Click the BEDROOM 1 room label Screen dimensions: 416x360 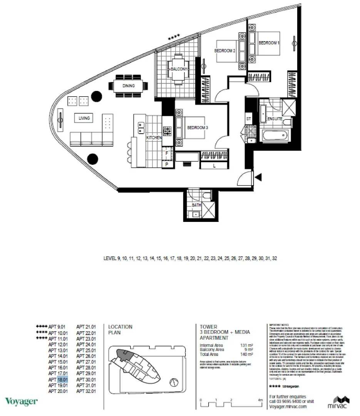point(268,43)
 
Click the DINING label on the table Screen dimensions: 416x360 point(129,86)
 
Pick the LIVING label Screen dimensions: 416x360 point(84,118)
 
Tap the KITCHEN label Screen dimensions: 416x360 point(153,138)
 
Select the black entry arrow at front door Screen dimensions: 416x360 point(259,177)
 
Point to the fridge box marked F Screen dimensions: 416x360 point(167,153)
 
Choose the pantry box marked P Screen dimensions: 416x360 point(167,164)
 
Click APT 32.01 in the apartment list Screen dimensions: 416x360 point(86,391)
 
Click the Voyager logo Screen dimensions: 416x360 point(21,402)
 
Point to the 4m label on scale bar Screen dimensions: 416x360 point(261,400)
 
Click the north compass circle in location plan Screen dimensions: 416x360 point(174,383)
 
